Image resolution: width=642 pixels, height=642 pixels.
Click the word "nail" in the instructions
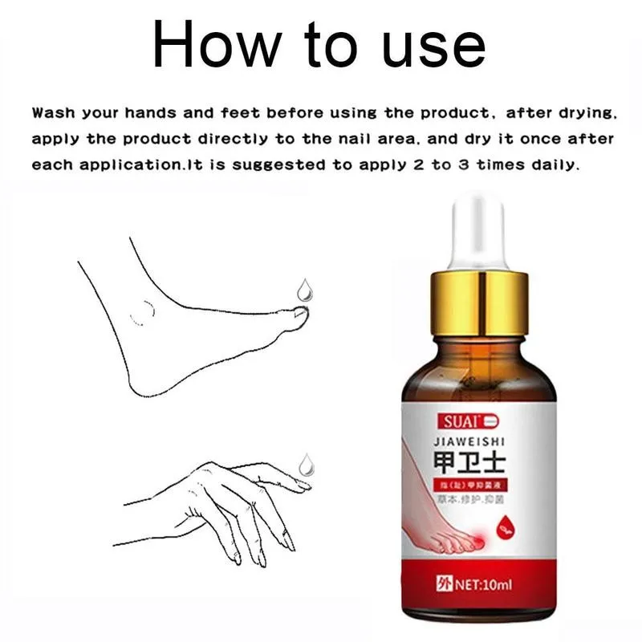click(x=346, y=138)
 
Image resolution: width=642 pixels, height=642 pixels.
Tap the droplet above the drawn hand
click(x=305, y=463)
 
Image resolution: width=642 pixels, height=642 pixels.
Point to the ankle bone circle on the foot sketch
click(x=143, y=312)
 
